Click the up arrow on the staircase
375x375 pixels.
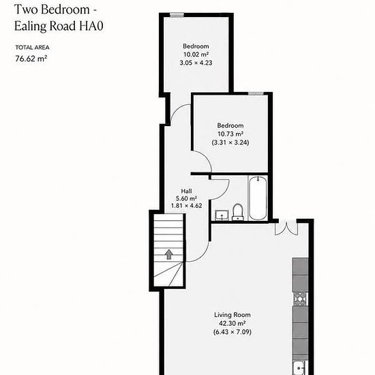click(169, 254)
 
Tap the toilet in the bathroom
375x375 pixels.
click(237, 212)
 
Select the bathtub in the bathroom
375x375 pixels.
click(258, 198)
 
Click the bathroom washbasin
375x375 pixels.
click(222, 215)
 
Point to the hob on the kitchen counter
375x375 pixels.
click(300, 299)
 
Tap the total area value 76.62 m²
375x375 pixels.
click(31, 59)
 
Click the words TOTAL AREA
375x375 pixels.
click(32, 47)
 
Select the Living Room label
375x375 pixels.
click(232, 315)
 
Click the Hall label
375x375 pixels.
click(186, 191)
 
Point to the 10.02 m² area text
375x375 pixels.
click(196, 55)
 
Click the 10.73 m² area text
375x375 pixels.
click(230, 134)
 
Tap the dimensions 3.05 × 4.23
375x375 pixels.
click(196, 63)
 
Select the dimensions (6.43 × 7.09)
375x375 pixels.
click(232, 332)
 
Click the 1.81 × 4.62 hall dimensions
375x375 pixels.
click(187, 206)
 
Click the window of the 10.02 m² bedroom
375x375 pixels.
click(177, 15)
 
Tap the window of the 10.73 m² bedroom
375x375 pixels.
click(256, 94)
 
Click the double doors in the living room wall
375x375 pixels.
click(286, 228)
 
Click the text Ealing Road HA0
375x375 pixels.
click(59, 26)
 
